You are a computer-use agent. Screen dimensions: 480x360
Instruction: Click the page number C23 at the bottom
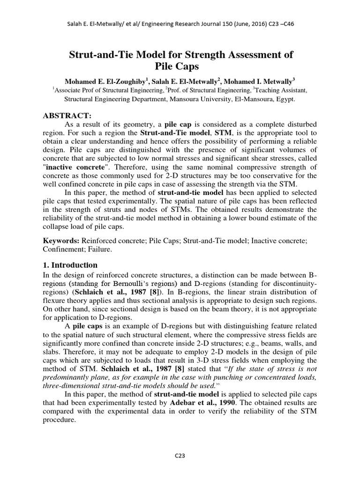[x=180, y=457]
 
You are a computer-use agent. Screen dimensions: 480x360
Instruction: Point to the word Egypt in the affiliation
[x=285, y=99]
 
